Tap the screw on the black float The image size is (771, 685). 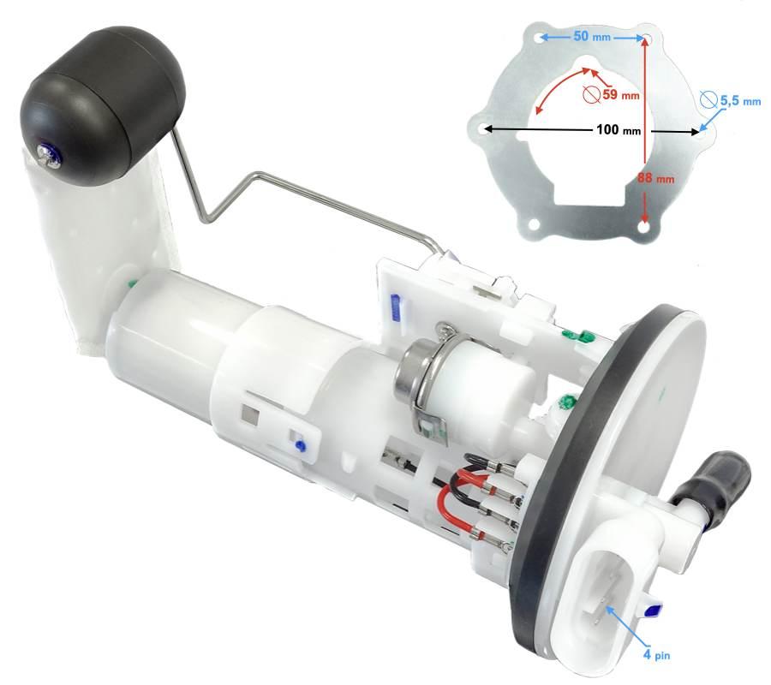[x=49, y=155]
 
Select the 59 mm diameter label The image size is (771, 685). [x=620, y=94]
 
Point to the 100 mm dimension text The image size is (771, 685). [x=619, y=130]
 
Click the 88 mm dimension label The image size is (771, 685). [x=656, y=178]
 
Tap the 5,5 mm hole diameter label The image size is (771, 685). [x=740, y=101]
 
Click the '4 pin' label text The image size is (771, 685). [x=656, y=654]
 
